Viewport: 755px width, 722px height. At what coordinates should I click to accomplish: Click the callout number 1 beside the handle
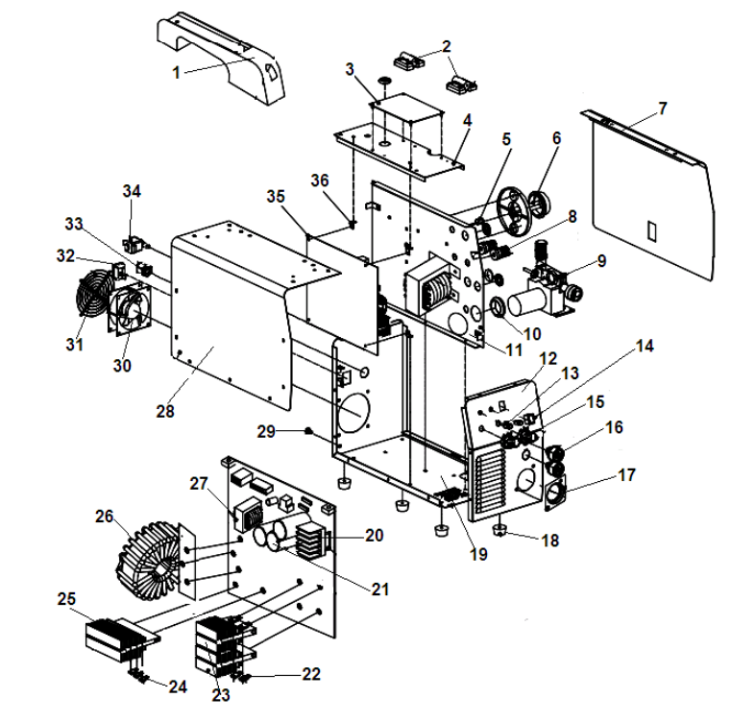pos(176,72)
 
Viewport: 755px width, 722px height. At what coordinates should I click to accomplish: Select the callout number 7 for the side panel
pos(662,108)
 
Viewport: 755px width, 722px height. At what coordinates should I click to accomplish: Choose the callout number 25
pos(65,600)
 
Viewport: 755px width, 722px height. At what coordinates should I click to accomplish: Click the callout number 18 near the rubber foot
pos(549,541)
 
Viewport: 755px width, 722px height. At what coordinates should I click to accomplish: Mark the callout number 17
pos(626,474)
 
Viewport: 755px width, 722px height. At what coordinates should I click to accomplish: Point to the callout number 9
pos(601,259)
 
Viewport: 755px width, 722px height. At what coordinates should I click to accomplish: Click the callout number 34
pos(131,191)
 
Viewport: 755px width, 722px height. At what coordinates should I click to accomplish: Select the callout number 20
pos(374,533)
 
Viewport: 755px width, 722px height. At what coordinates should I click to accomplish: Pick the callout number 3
pos(350,70)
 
